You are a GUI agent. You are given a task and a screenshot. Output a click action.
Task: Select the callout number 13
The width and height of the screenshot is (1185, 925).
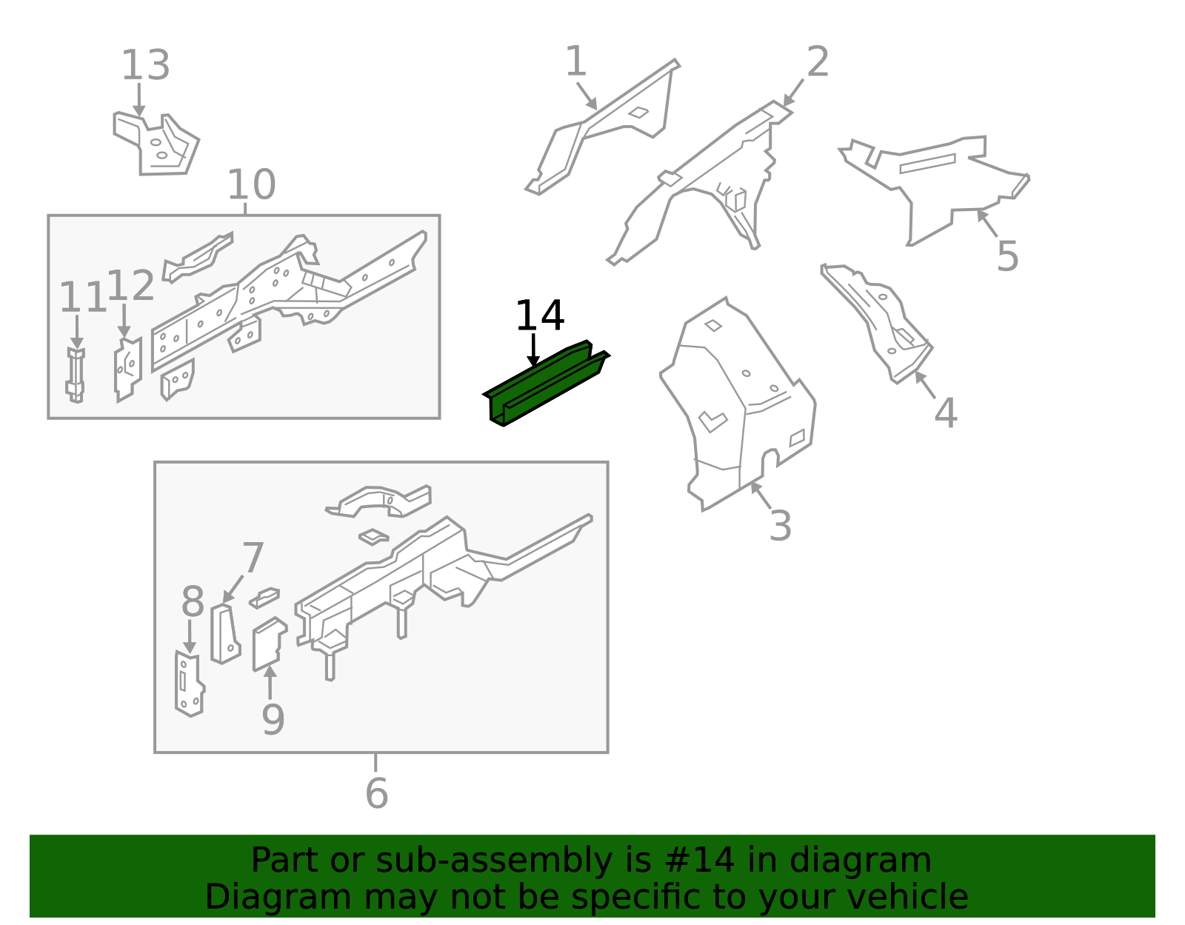tap(145, 65)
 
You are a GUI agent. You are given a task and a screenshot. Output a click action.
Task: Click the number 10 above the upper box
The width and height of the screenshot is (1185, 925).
tap(251, 184)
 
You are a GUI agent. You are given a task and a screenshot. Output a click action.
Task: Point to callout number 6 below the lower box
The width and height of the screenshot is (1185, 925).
tap(376, 793)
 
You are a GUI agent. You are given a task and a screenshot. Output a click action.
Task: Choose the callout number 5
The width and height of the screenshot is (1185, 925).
tap(1007, 256)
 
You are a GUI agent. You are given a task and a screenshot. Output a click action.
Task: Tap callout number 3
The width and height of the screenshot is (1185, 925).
tap(780, 526)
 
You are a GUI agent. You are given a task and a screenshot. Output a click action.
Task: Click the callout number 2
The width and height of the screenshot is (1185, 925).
tap(818, 61)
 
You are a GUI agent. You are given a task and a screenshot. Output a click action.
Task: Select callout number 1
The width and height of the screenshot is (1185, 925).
tap(576, 61)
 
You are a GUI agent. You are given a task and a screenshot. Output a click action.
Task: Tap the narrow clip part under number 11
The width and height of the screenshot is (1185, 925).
tap(76, 375)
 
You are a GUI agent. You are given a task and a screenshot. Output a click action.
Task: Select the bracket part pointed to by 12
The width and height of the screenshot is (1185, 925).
tap(128, 370)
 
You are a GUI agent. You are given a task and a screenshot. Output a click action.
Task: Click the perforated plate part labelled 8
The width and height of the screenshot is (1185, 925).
tap(189, 684)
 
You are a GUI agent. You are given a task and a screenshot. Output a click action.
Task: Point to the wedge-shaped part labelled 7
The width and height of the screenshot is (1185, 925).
tap(224, 634)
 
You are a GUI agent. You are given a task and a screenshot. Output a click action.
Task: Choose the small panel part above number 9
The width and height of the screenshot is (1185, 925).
tap(269, 644)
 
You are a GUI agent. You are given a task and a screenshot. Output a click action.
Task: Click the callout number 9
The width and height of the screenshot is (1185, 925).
tap(273, 720)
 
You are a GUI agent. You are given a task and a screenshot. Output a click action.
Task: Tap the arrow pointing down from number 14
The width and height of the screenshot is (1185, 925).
tap(533, 350)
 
